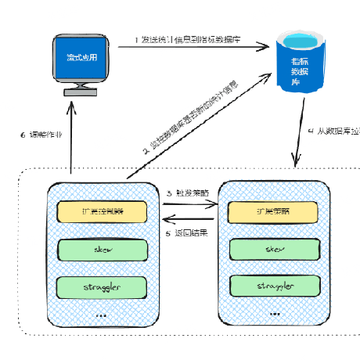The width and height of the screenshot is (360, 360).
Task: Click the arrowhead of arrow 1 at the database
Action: tap(266, 49)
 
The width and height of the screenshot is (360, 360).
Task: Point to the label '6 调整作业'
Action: tap(40, 134)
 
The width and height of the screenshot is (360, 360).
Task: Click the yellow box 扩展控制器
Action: tap(103, 211)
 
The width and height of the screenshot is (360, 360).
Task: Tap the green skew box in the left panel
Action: tap(103, 249)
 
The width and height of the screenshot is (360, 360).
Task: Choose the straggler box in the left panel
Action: tap(103, 286)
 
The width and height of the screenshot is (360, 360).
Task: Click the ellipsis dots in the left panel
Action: tap(103, 314)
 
